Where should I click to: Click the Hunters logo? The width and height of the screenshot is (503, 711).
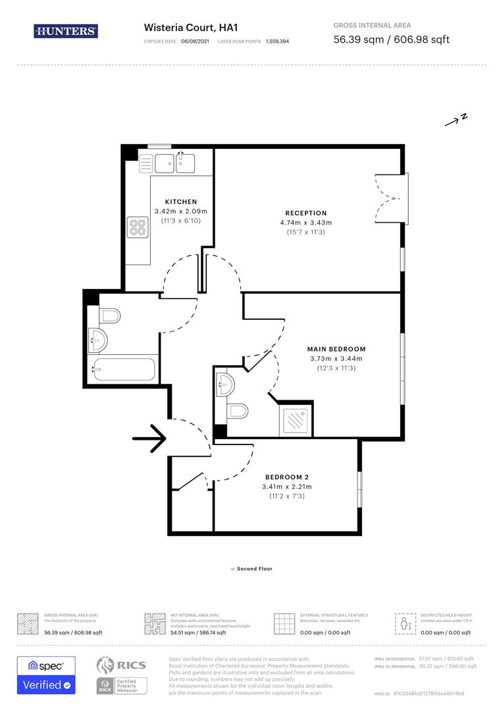click(x=66, y=31)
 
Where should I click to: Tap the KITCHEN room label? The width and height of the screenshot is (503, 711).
click(x=180, y=201)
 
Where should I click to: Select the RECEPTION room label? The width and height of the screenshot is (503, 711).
click(x=305, y=213)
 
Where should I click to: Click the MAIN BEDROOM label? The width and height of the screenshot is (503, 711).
click(x=336, y=349)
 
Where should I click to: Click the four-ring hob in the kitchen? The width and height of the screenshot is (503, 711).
click(x=137, y=227)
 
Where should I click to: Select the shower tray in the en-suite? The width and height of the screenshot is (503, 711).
click(x=298, y=419)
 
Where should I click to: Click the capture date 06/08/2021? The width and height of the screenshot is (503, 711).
click(x=196, y=41)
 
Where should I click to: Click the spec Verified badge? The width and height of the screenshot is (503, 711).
click(x=46, y=675)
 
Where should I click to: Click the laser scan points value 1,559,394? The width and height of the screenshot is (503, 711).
click(x=277, y=41)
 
